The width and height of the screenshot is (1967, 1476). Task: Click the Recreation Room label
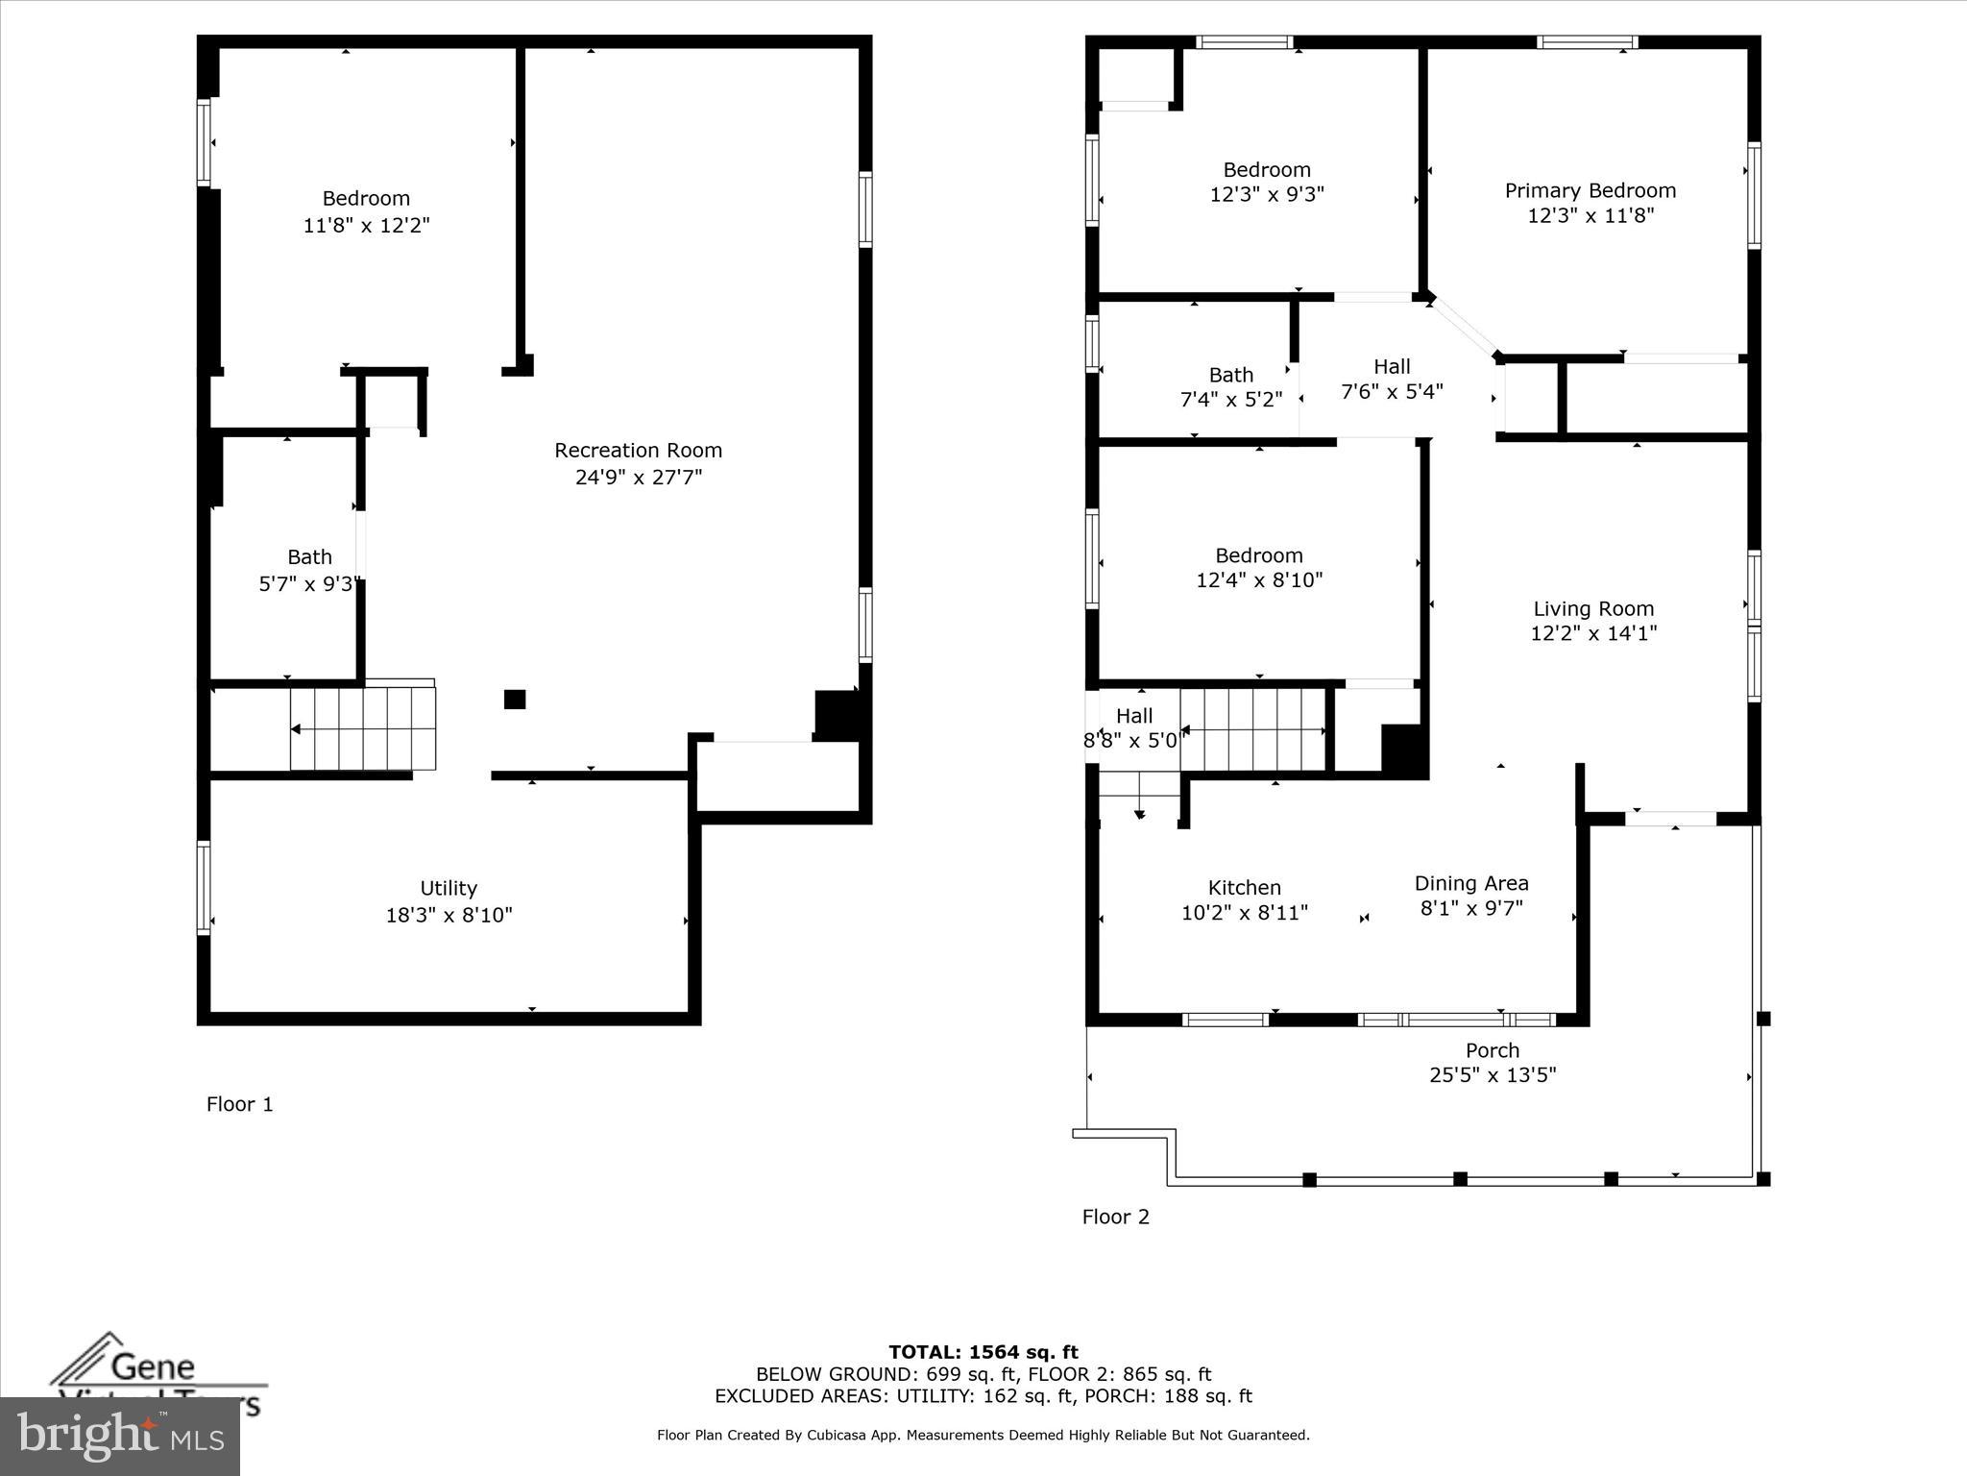tap(638, 451)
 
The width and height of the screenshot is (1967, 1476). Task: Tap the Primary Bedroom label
tap(1590, 191)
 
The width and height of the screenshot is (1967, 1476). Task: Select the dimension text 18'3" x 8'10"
tap(449, 915)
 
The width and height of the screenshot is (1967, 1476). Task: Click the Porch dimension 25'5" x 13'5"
tap(1492, 1075)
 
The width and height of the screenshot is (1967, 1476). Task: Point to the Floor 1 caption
tap(239, 1104)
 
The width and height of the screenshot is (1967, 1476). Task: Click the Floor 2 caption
tap(1115, 1217)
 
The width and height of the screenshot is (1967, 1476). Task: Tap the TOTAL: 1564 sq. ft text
tap(983, 1353)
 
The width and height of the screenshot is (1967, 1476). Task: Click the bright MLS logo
tap(120, 1437)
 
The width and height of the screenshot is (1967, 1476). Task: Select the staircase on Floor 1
tap(363, 728)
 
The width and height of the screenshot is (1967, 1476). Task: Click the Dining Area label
tap(1470, 883)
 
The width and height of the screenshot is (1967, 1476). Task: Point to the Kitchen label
tap(1244, 888)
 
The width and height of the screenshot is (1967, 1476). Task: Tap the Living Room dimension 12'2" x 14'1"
tap(1592, 633)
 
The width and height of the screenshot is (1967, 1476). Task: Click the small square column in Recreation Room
tap(515, 700)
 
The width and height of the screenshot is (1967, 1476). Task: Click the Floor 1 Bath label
tap(309, 557)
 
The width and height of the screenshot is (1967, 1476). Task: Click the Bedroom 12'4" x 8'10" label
tap(1258, 568)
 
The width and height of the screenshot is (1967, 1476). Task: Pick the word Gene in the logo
tap(153, 1365)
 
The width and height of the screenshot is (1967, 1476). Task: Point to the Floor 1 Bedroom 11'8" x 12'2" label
tap(366, 211)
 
